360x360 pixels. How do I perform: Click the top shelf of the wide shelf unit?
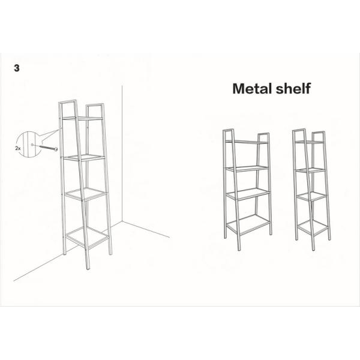tap(246, 142)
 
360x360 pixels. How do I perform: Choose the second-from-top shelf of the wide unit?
tap(247, 167)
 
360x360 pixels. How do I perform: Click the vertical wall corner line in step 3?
tap(122, 156)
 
